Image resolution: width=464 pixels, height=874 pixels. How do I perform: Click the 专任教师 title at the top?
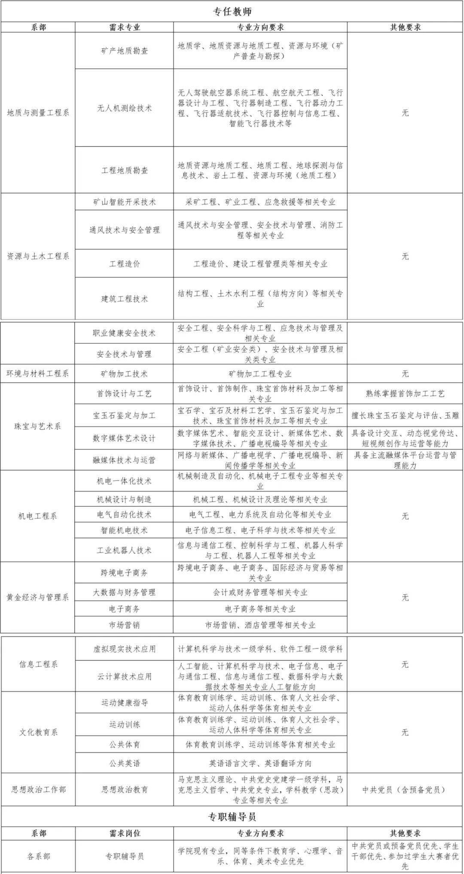232,11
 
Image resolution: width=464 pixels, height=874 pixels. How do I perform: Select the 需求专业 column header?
124,27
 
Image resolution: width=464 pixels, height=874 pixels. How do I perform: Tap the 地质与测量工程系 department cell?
38,113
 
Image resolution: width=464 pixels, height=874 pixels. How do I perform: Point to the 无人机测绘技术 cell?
124,108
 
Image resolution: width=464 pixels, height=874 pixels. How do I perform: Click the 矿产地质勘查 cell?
124,51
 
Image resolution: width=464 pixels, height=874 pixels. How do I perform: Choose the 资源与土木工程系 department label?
38,256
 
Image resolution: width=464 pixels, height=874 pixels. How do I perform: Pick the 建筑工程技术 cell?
124,299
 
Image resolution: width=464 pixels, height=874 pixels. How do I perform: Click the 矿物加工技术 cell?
124,374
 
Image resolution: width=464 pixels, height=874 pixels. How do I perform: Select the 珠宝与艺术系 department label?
38,426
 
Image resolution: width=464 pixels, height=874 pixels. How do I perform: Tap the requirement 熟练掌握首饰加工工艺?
405,393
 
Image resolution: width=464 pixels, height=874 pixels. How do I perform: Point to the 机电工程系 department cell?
38,516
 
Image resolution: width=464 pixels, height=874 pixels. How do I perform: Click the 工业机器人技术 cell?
124,550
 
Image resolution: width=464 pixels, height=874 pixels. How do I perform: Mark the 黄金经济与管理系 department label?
38,597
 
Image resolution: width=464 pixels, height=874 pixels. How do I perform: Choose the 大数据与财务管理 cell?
124,592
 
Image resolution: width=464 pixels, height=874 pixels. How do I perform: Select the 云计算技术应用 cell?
124,676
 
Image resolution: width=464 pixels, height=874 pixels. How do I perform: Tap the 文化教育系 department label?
38,732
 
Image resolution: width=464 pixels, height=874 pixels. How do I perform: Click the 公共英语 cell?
124,763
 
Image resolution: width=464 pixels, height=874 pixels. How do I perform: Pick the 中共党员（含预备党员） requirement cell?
405,789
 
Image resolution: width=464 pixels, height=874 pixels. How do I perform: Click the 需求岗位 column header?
124,833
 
